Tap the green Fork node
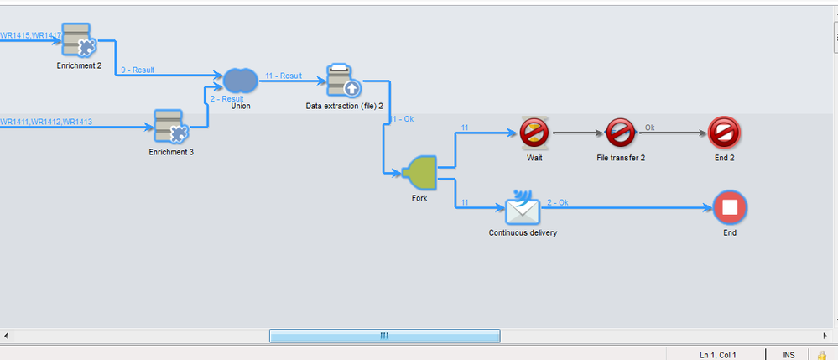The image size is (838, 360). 419,173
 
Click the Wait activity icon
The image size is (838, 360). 534,133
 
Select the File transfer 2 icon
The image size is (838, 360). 620,133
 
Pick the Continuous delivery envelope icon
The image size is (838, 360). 523,206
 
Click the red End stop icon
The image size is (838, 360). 729,206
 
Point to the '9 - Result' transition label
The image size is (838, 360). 138,70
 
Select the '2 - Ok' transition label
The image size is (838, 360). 557,202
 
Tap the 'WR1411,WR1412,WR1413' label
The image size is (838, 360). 46,122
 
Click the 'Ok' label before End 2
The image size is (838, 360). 649,128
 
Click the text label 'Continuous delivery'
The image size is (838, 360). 523,232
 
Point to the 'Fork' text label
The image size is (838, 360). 419,199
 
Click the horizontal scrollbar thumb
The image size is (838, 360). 384,336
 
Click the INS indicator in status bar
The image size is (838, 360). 789,355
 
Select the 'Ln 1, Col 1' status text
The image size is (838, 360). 717,355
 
